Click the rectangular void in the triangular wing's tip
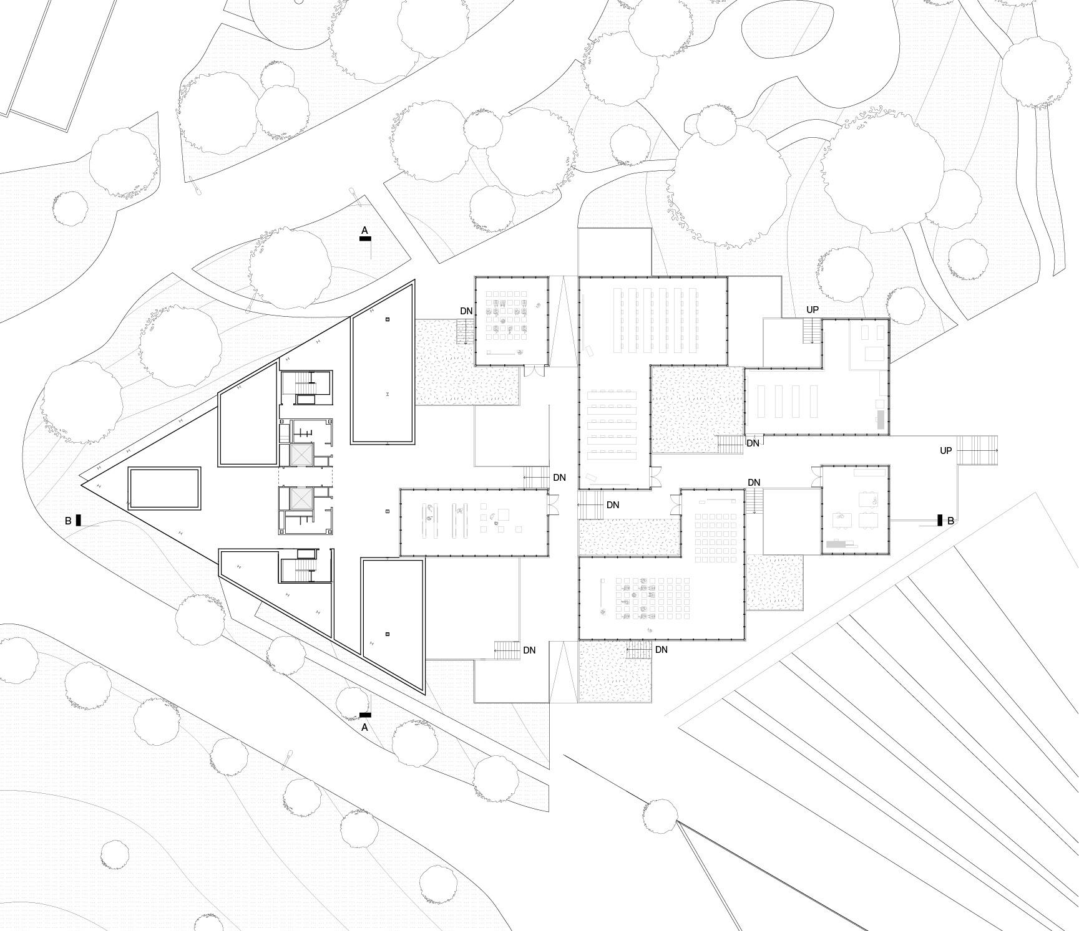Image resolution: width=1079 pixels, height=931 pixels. (x=164, y=488)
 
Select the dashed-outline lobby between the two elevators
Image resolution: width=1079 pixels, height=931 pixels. (x=305, y=477)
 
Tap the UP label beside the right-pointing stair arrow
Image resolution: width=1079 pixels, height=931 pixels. (x=946, y=450)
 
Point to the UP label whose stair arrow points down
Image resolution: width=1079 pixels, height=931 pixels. (x=812, y=310)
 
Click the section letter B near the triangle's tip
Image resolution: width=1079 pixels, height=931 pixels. (x=68, y=520)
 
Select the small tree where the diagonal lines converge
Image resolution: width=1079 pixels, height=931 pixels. (x=661, y=815)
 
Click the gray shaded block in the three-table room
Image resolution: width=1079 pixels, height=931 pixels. (x=836, y=544)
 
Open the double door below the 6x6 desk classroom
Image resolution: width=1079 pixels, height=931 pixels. (x=529, y=371)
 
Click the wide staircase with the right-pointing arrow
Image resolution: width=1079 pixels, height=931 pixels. (x=977, y=450)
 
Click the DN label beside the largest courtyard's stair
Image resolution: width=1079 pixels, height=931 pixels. (x=753, y=443)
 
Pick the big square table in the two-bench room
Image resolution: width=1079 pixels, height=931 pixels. (x=504, y=515)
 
